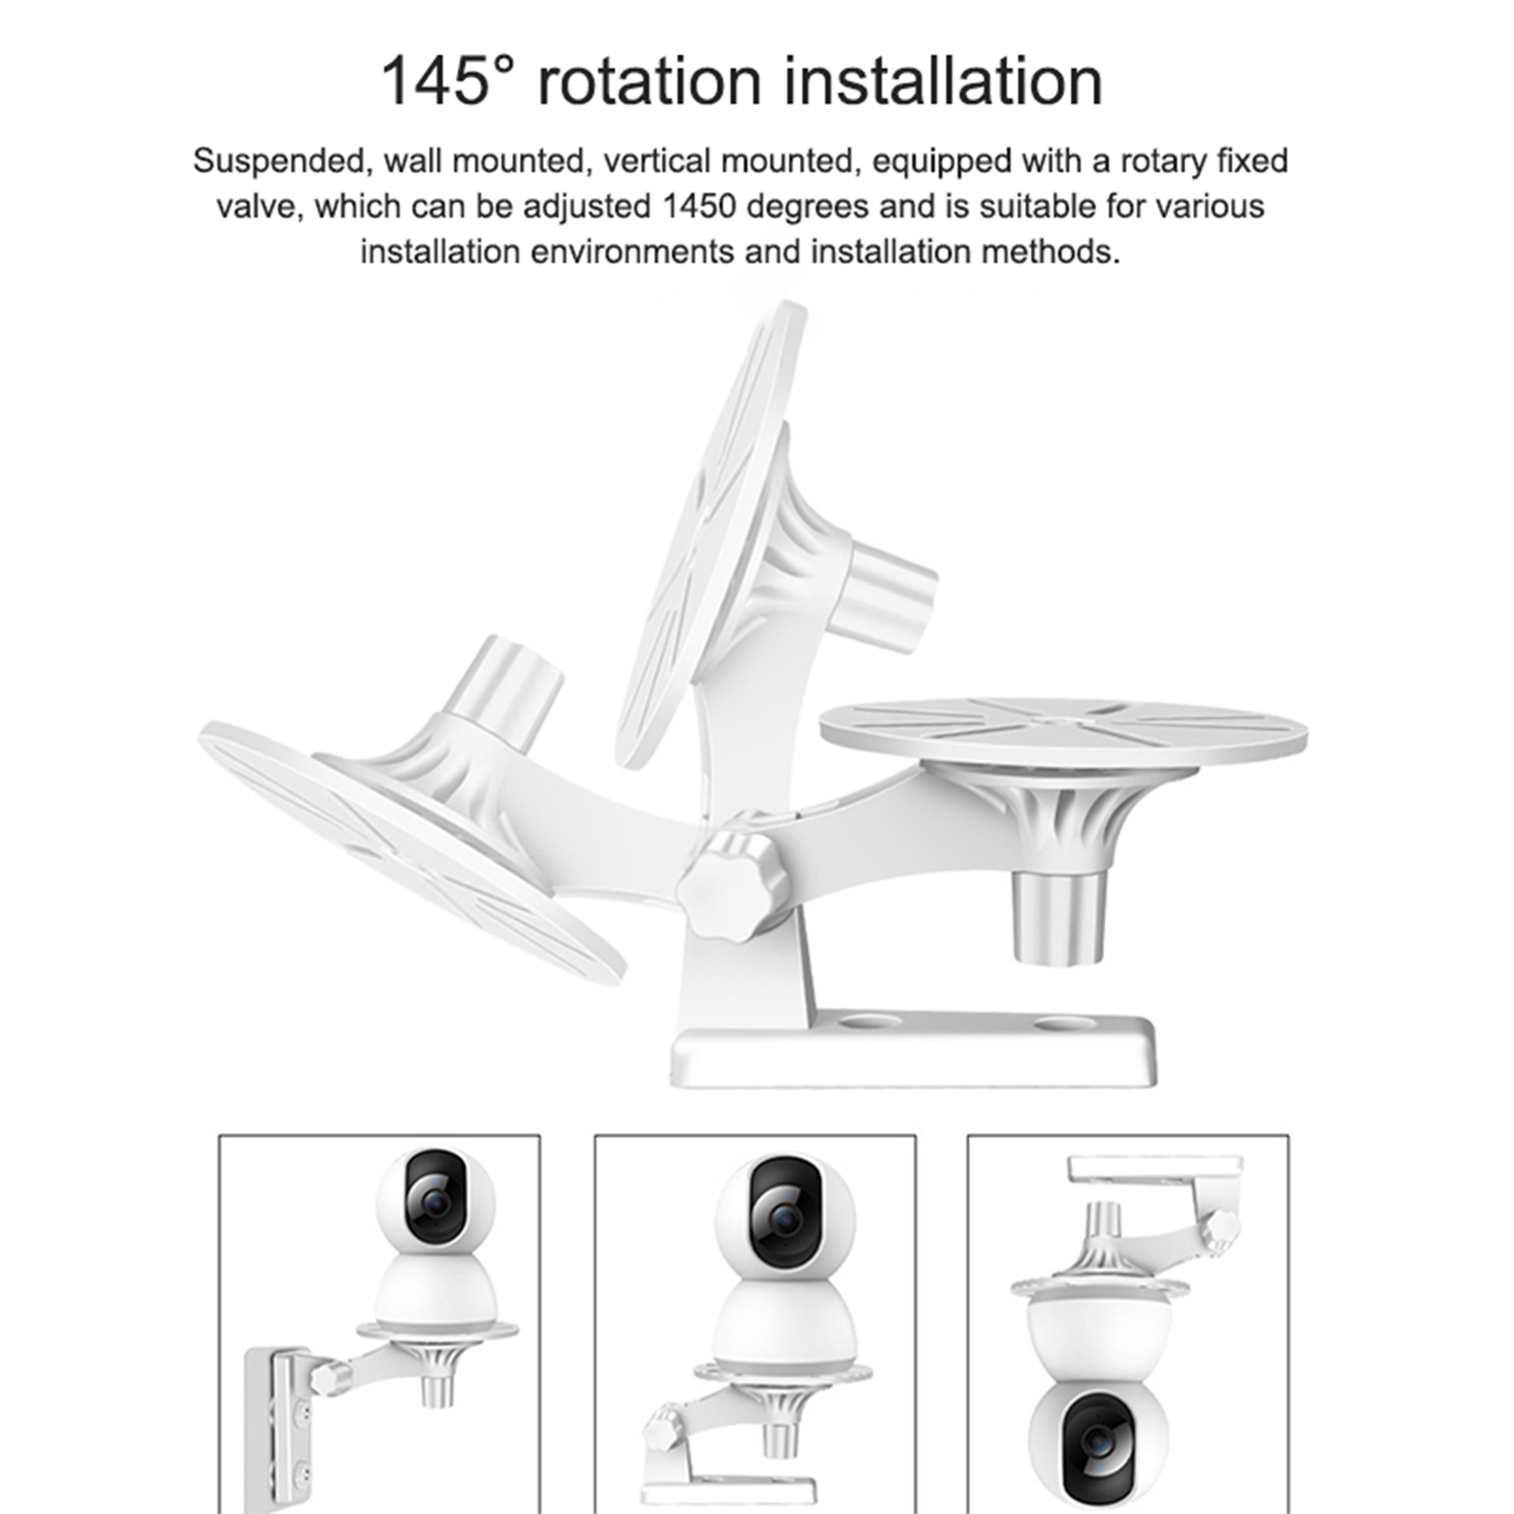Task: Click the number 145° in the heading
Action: [449, 81]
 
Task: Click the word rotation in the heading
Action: [649, 81]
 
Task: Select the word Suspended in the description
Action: [278, 162]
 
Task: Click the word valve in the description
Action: [257, 207]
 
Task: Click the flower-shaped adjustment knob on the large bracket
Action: [731, 882]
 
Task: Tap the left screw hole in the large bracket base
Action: [870, 1023]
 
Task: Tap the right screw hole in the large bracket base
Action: [1064, 1023]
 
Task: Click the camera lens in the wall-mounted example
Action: [436, 1202]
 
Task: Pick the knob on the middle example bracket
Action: [663, 1425]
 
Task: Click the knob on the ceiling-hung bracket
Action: [1224, 1229]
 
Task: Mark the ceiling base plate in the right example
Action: [1154, 1169]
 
